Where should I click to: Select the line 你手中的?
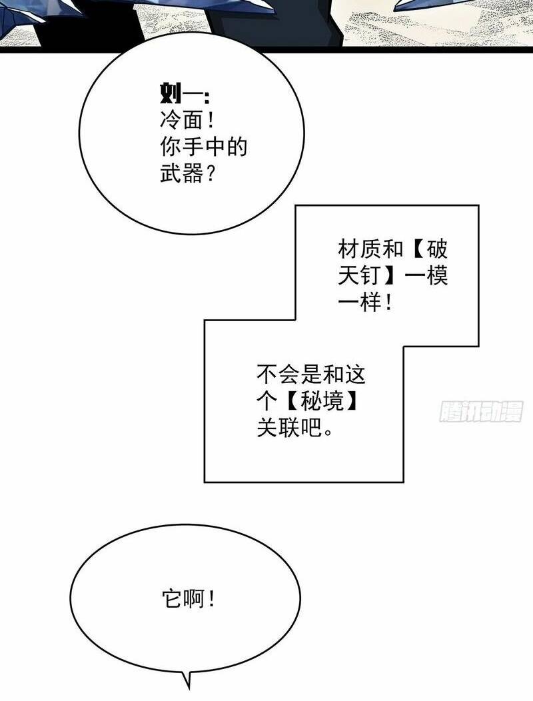203,147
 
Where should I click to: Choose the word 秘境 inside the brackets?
322,401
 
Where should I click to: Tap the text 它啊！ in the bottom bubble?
189,598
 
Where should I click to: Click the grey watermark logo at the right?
480,412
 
